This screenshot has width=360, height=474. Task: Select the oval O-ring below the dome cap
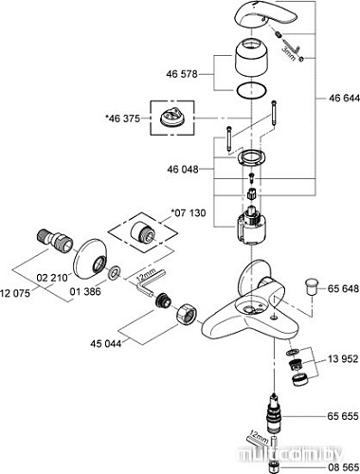pos(252,93)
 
